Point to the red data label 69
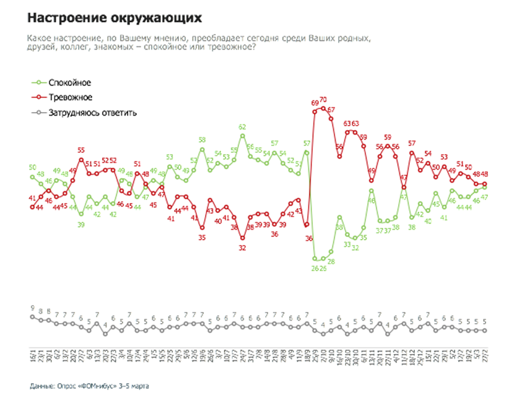tap(315, 103)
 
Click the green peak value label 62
tap(242, 127)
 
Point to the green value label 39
tap(81, 224)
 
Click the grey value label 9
tap(32, 308)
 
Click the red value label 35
tap(202, 238)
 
